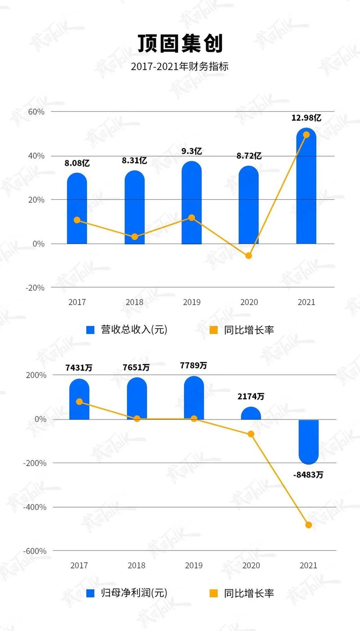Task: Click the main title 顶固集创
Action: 180,44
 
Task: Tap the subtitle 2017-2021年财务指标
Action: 180,67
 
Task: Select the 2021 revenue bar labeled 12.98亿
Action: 306,189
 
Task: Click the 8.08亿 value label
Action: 77,163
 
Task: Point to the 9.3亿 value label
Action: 192,151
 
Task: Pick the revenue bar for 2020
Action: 249,207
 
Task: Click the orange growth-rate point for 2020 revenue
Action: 248,256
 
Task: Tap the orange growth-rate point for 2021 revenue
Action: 306,135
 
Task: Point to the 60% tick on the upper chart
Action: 36,112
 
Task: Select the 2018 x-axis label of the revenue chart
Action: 135,302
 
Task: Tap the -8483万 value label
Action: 308,474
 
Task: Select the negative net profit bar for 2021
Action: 308,441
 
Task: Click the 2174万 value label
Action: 251,397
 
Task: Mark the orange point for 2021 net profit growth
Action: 308,525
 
